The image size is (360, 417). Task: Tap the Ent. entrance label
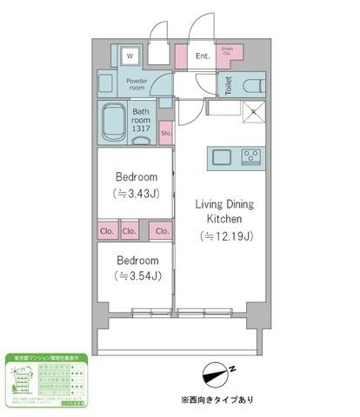tap(203, 57)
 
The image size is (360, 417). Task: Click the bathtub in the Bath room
tap(112, 122)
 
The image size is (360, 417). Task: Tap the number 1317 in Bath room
tap(143, 129)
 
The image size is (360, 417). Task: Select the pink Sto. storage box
tap(165, 134)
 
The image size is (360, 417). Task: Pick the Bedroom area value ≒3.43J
tap(136, 193)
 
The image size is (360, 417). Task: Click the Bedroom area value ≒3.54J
tap(136, 277)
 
